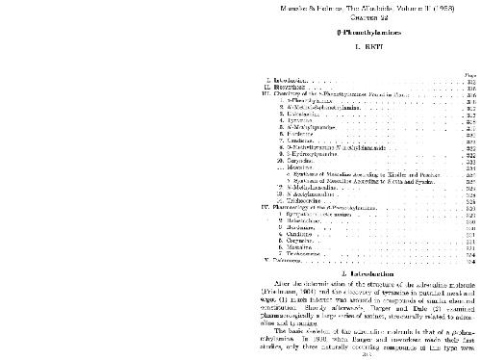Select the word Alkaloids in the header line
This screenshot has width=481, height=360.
(x=246, y=7)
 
